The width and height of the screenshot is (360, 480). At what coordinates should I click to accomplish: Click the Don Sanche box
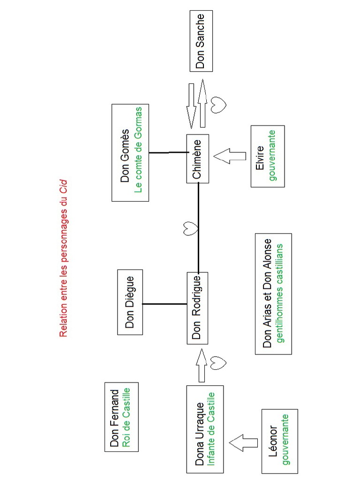(x=201, y=41)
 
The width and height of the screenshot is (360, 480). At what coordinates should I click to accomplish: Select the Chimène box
(x=197, y=159)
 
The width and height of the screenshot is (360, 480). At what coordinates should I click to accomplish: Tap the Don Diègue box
(x=130, y=302)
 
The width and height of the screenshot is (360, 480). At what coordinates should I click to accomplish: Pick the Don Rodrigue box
(x=197, y=307)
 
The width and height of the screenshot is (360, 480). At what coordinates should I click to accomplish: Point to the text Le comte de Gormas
(x=138, y=153)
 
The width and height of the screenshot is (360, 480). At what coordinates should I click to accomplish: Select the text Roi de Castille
(x=126, y=416)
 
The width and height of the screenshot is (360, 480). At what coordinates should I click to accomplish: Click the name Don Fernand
(x=114, y=416)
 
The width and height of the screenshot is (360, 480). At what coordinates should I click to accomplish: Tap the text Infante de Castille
(x=211, y=428)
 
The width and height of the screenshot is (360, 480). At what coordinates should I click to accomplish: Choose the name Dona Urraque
(x=199, y=428)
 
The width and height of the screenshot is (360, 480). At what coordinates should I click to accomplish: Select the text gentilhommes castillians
(x=280, y=293)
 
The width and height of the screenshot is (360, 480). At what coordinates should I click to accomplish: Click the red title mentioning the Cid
(x=63, y=259)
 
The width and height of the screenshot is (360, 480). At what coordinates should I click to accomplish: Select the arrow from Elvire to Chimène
(x=230, y=156)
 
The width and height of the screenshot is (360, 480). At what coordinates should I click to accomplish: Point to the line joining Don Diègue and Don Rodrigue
(x=165, y=304)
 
